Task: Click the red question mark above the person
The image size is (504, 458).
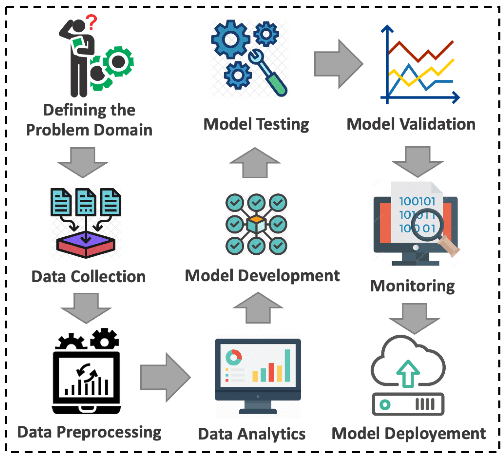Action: click(91, 22)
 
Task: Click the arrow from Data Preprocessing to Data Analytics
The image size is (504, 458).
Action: click(165, 377)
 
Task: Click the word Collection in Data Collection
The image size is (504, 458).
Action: click(108, 277)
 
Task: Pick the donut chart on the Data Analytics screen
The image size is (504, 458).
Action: click(233, 357)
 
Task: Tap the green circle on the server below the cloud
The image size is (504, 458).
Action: click(385, 404)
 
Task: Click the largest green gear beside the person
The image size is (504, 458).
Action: click(118, 61)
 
